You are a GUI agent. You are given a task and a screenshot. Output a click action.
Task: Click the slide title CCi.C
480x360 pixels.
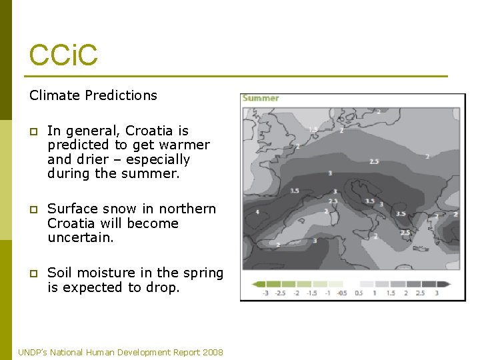[x=63, y=55]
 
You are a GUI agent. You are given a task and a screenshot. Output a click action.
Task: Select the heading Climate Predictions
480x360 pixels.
[x=93, y=95]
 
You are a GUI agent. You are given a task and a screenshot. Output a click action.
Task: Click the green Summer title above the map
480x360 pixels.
[x=261, y=98]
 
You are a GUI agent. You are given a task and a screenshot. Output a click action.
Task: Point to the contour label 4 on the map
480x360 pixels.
[x=258, y=212]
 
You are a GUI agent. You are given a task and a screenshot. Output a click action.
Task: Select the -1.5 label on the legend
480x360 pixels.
[x=311, y=293]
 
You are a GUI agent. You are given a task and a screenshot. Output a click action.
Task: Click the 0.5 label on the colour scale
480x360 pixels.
[x=359, y=293]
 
